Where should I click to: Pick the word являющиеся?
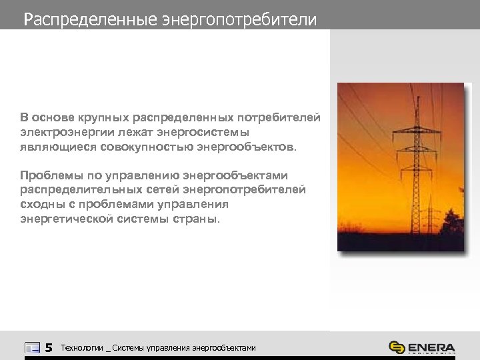59,146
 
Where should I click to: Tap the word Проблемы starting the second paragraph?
49,176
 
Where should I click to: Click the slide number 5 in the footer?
48,347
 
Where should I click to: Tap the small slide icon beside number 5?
32,347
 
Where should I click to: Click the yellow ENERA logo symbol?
397,348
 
